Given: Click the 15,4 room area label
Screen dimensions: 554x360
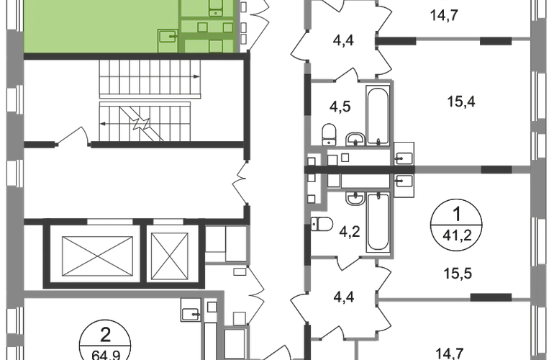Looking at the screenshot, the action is pos(461,102).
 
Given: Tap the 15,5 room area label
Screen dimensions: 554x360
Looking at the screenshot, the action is pos(458,274).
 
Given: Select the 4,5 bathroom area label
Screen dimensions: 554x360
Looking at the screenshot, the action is pos(340,106).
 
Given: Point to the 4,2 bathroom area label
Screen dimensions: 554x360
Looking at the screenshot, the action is pos(350,232).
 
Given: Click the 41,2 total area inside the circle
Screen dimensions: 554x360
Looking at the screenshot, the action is pos(457,235).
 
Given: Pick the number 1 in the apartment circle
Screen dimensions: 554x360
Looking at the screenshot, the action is pos(457,215).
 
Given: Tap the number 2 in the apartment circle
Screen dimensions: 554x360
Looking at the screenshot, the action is pos(106,335).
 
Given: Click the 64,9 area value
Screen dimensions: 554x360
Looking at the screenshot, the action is pos(106,354).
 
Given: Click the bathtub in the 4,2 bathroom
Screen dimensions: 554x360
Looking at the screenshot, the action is pos(378,221).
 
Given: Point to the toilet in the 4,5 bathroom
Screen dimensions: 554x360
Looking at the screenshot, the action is pos(329,134).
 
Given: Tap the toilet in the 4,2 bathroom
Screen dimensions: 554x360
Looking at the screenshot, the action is pos(322,224).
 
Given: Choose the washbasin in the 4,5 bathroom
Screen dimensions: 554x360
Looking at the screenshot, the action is pos(355,139).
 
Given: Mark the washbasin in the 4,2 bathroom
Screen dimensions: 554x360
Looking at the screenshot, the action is pos(355,199).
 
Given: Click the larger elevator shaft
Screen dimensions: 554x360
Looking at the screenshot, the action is pos(97,256).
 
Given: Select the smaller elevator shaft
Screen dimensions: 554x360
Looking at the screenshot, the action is pos(169,256).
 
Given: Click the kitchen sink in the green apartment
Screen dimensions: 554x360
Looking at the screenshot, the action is pos(168,36).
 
